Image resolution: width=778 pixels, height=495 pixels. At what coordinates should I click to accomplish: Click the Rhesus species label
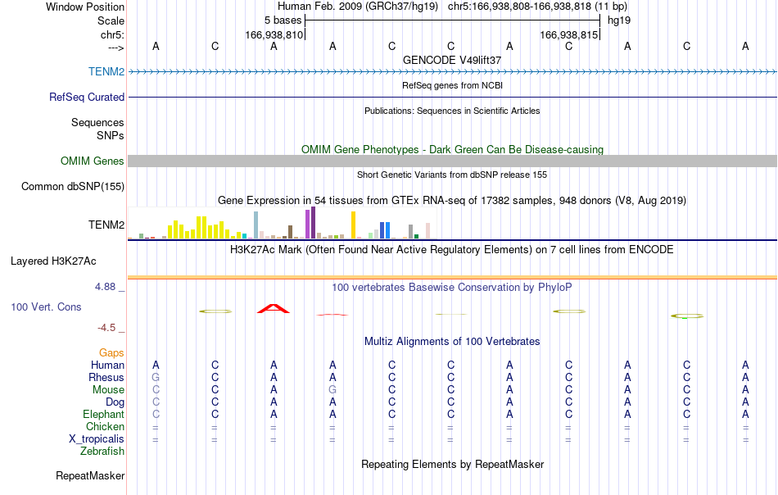106,377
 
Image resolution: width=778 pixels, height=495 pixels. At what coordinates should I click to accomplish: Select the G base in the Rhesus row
156,377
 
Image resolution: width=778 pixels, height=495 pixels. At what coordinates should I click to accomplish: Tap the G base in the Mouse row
332,390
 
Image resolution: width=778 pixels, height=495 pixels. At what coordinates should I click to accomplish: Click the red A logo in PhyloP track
274,308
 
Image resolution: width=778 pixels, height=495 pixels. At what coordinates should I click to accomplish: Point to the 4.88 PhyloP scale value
105,287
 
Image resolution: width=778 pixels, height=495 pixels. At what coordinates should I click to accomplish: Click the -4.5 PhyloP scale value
106,328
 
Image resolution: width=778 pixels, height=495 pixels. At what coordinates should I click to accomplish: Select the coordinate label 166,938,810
274,34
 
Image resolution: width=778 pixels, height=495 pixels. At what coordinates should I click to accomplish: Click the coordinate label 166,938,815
568,34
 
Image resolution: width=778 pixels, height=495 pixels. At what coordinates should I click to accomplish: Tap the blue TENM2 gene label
106,71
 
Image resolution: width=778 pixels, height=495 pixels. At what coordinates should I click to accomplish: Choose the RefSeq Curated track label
87,97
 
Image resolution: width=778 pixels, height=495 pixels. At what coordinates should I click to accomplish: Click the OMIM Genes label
93,161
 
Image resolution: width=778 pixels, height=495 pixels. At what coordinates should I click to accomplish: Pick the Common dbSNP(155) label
73,187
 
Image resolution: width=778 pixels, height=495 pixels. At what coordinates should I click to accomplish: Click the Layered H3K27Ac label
53,261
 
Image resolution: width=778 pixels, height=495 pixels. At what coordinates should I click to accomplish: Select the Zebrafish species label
102,452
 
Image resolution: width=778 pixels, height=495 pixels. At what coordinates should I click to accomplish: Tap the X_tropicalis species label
97,439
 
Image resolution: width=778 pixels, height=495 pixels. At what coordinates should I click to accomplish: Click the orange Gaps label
111,352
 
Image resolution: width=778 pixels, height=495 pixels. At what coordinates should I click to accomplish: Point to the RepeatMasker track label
90,475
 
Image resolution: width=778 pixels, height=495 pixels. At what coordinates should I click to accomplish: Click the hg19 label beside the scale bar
619,20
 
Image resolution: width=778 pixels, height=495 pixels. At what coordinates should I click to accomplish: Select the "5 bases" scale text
283,20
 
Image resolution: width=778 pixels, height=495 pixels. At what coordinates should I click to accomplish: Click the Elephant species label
103,414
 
